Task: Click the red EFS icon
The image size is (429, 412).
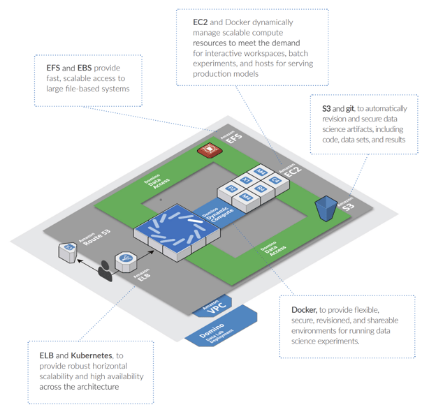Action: point(208,149)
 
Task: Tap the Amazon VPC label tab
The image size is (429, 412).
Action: point(210,310)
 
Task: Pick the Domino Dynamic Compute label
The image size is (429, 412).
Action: point(216,221)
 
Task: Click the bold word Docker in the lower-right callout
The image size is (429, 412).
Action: point(303,309)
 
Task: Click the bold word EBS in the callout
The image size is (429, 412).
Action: point(86,68)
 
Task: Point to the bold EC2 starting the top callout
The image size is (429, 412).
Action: point(200,22)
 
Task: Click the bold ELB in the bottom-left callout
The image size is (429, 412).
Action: point(47,355)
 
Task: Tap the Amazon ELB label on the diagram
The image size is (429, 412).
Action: point(143,275)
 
